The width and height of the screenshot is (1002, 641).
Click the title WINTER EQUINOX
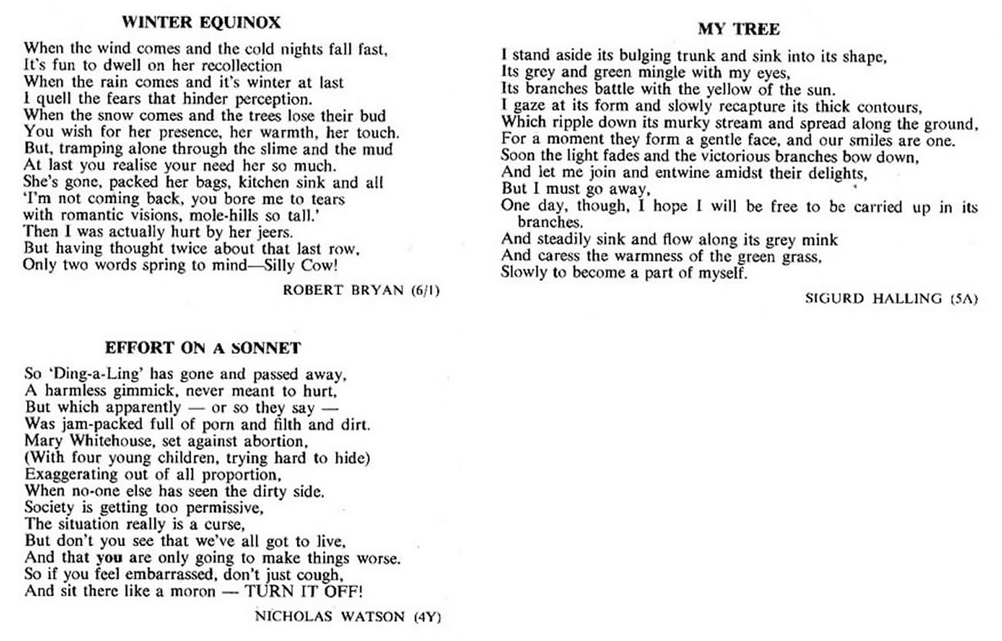201,22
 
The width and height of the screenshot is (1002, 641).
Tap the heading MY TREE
738,29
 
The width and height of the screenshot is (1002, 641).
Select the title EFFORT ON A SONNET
202,347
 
